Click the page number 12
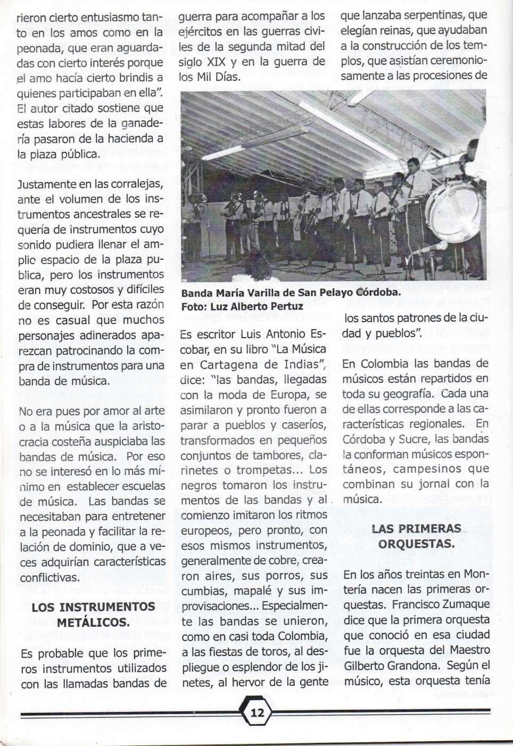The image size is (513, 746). (x=257, y=712)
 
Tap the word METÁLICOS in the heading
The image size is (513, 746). (x=93, y=622)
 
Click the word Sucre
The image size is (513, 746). (x=412, y=439)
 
